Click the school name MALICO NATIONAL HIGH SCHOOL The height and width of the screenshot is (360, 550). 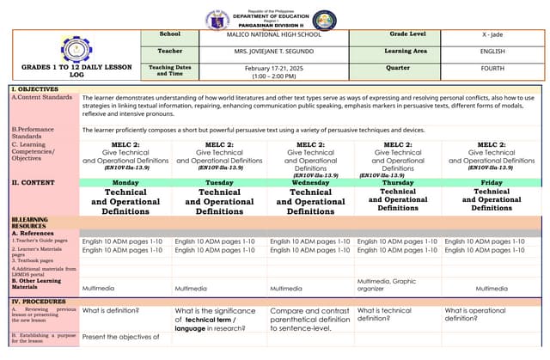pos(273,34)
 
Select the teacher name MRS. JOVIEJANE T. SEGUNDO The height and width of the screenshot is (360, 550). pos(273,52)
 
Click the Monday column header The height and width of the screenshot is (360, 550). pos(125,183)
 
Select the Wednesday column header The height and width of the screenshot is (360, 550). pos(310,183)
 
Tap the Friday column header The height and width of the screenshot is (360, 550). pos(492,183)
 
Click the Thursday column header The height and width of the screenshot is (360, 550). pos(398,183)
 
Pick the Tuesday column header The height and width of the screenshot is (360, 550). pos(219,183)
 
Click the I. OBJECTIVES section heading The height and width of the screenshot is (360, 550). pos(35,89)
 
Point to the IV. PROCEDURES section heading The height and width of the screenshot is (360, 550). pos(39,302)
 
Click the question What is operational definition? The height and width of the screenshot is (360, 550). pos(475,314)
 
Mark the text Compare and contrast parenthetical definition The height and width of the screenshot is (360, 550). pos(310,315)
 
